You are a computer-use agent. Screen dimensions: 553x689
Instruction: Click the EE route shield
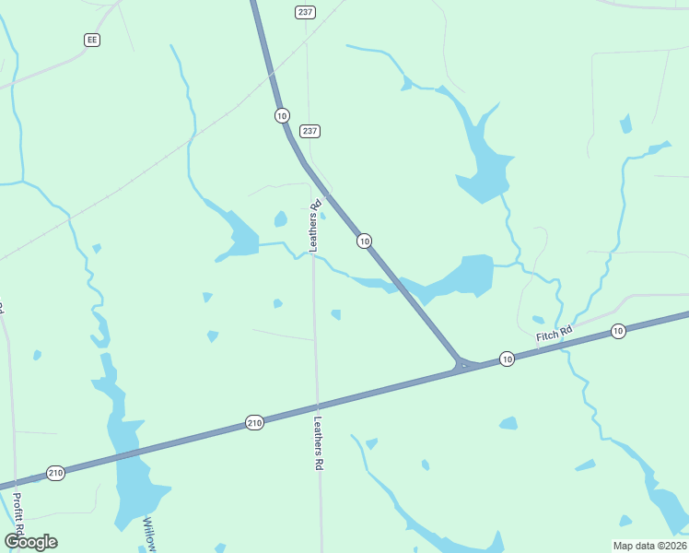pos(91,40)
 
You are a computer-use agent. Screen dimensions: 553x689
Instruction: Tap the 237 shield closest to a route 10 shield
pos(309,131)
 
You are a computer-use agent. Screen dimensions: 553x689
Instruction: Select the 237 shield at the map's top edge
pos(306,11)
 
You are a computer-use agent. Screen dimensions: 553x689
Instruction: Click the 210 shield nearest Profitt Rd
pos(55,473)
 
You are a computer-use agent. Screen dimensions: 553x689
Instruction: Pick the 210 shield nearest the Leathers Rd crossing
pos(255,422)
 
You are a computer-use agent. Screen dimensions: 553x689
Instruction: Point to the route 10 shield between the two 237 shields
pos(282,115)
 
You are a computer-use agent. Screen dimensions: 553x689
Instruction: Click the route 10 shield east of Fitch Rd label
pos(618,331)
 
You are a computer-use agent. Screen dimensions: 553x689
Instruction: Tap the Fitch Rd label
pos(555,335)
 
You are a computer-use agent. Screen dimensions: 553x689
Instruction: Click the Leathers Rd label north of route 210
pos(315,226)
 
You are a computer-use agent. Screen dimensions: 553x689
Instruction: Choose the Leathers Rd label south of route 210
pos(319,444)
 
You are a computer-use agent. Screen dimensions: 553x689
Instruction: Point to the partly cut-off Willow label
pos(148,535)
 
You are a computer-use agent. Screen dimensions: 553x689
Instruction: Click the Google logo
pos(31,542)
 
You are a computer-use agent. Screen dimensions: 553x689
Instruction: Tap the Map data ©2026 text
pos(649,546)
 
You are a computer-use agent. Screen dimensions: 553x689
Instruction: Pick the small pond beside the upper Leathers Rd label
pos(280,219)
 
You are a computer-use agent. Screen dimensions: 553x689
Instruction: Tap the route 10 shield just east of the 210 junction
pos(507,358)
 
